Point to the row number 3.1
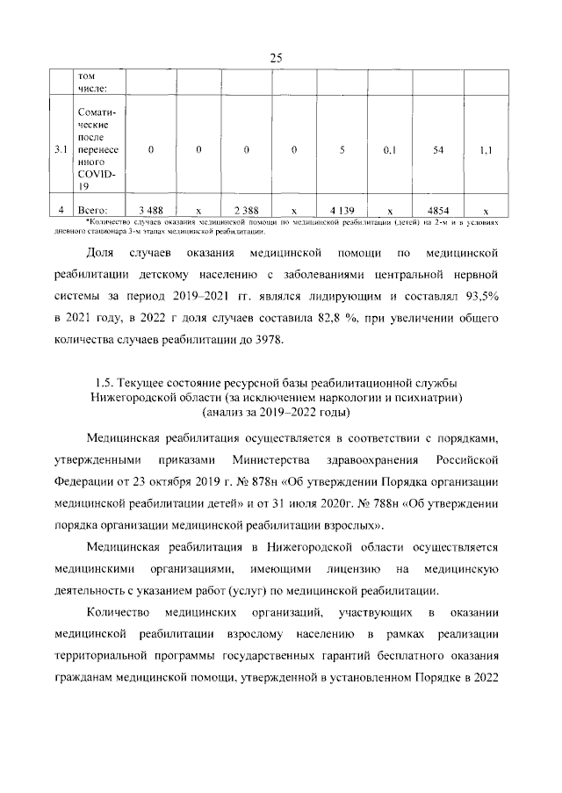(61, 150)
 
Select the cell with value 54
(437, 150)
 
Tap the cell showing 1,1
(486, 150)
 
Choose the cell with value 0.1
(390, 150)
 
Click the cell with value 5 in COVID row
(342, 150)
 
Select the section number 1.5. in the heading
(105, 382)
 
